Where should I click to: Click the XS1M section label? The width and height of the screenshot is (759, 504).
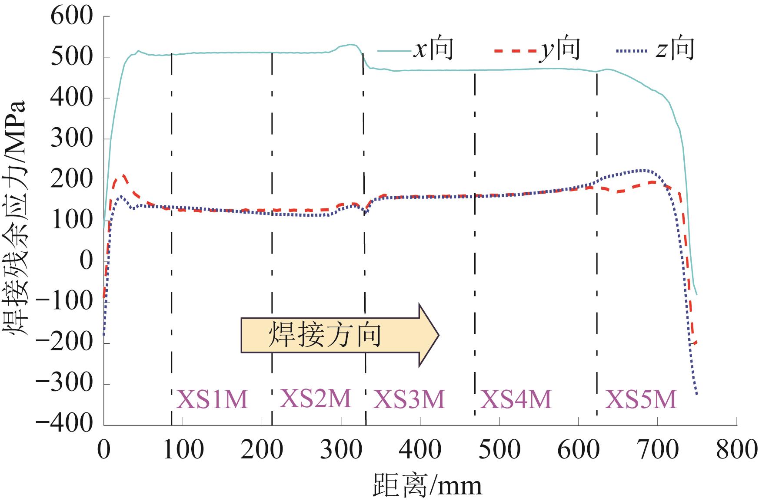pyautogui.click(x=212, y=399)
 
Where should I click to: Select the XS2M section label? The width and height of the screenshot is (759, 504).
pyautogui.click(x=315, y=398)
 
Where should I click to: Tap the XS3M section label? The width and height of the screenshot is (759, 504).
pyautogui.click(x=409, y=399)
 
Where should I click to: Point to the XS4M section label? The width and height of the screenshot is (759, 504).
pyautogui.click(x=516, y=399)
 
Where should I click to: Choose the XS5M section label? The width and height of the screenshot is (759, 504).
pyautogui.click(x=641, y=399)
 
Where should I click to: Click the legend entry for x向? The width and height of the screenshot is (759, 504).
pyautogui.click(x=416, y=49)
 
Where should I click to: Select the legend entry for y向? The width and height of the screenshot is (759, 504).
pyautogui.click(x=537, y=49)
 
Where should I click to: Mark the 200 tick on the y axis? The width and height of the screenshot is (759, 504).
pyautogui.click(x=72, y=180)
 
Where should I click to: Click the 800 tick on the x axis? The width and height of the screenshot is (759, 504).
pyautogui.click(x=736, y=450)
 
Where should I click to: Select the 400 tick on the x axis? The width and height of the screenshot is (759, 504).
pyautogui.click(x=420, y=450)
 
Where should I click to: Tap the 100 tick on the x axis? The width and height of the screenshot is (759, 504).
pyautogui.click(x=183, y=450)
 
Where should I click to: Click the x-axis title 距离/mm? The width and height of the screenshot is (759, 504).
pyautogui.click(x=427, y=485)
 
